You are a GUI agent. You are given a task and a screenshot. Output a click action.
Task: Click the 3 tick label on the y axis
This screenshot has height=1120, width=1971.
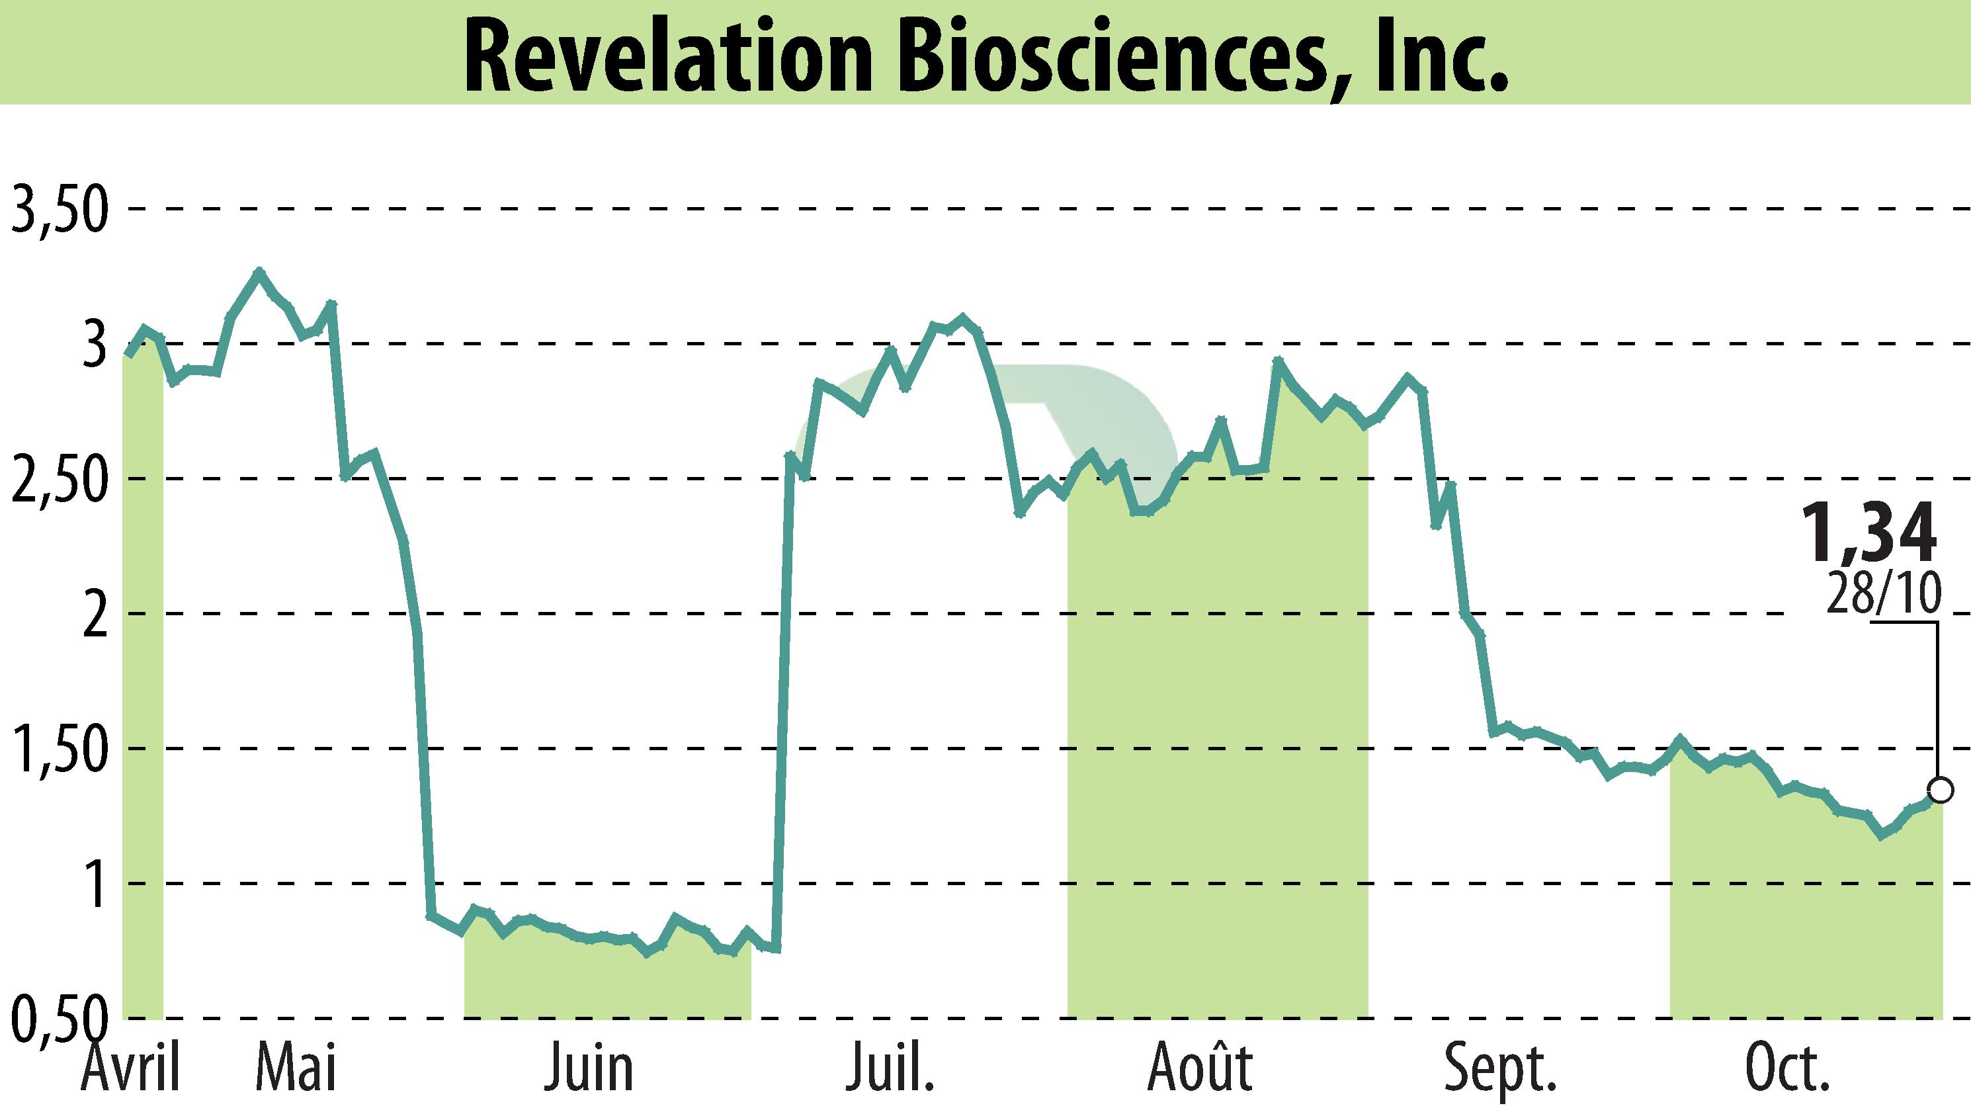click(x=94, y=346)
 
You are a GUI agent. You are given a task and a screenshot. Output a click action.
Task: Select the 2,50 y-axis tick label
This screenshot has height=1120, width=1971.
click(x=58, y=480)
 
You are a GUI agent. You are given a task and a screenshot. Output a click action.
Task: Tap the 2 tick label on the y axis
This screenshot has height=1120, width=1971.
click(x=94, y=615)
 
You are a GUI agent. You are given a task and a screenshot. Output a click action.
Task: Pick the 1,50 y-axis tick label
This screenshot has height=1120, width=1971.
click(x=58, y=751)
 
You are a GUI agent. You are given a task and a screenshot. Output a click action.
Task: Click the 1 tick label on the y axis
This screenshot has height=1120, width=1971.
click(x=95, y=885)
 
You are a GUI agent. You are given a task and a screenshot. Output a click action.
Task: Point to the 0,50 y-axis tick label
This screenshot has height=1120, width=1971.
click(x=58, y=1019)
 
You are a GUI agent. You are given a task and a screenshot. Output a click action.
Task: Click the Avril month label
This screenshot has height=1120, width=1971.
click(x=131, y=1068)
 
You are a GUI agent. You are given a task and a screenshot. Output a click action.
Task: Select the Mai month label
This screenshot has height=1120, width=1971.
click(x=296, y=1068)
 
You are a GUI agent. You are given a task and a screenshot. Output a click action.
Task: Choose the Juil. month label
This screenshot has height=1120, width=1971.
click(x=890, y=1068)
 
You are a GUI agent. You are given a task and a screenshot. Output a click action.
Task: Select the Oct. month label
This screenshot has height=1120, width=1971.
click(x=1786, y=1068)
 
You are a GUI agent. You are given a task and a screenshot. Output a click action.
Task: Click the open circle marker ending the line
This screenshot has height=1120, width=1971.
click(x=1940, y=790)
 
